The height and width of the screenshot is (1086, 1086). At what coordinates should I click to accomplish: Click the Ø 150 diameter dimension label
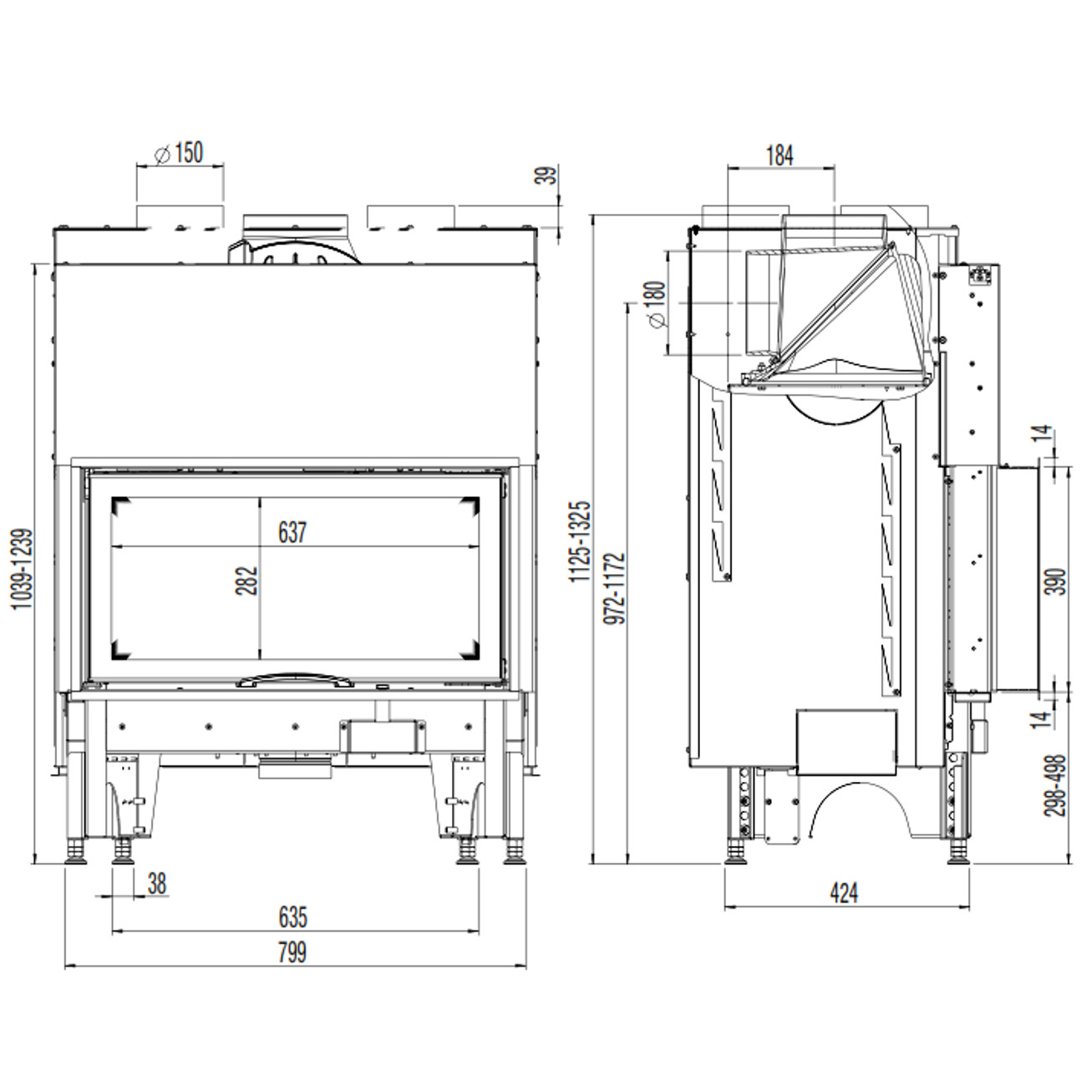tap(179, 153)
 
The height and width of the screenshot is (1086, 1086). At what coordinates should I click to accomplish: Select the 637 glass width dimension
tap(292, 533)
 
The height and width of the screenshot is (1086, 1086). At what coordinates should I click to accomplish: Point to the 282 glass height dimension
tap(246, 581)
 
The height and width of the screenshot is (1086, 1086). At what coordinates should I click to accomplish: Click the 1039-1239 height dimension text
tap(23, 569)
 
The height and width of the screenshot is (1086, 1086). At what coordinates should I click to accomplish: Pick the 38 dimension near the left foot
tap(157, 884)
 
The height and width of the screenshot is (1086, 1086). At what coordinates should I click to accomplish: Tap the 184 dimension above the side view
tap(780, 155)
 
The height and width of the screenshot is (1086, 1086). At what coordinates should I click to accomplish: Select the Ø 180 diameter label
tap(657, 304)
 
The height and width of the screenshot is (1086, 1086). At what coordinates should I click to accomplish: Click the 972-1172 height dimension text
tap(614, 588)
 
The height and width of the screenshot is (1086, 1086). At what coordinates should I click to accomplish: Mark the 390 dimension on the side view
tap(1058, 581)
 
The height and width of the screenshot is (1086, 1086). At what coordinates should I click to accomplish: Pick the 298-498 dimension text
tap(1055, 786)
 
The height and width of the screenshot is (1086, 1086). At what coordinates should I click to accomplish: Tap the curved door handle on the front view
tap(296, 680)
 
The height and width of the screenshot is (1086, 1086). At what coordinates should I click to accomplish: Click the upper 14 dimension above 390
tap(1043, 433)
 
